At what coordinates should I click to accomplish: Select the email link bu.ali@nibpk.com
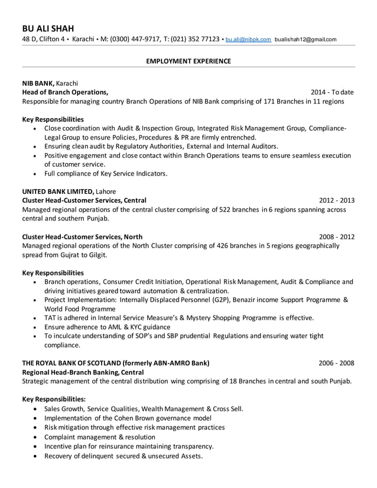[248, 40]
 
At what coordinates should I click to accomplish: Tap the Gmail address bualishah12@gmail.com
[305, 40]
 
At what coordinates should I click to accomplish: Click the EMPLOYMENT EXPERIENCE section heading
[188, 61]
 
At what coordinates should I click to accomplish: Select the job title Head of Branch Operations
[65, 92]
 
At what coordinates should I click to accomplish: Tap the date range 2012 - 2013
[337, 200]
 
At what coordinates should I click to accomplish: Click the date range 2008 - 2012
[337, 236]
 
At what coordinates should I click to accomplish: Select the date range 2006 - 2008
[337, 363]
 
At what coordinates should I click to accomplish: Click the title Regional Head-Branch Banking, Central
[83, 372]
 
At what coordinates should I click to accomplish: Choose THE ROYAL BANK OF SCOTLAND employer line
[115, 363]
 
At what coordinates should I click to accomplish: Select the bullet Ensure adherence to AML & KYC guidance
[107, 327]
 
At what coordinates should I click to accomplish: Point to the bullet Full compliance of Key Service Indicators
[106, 174]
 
